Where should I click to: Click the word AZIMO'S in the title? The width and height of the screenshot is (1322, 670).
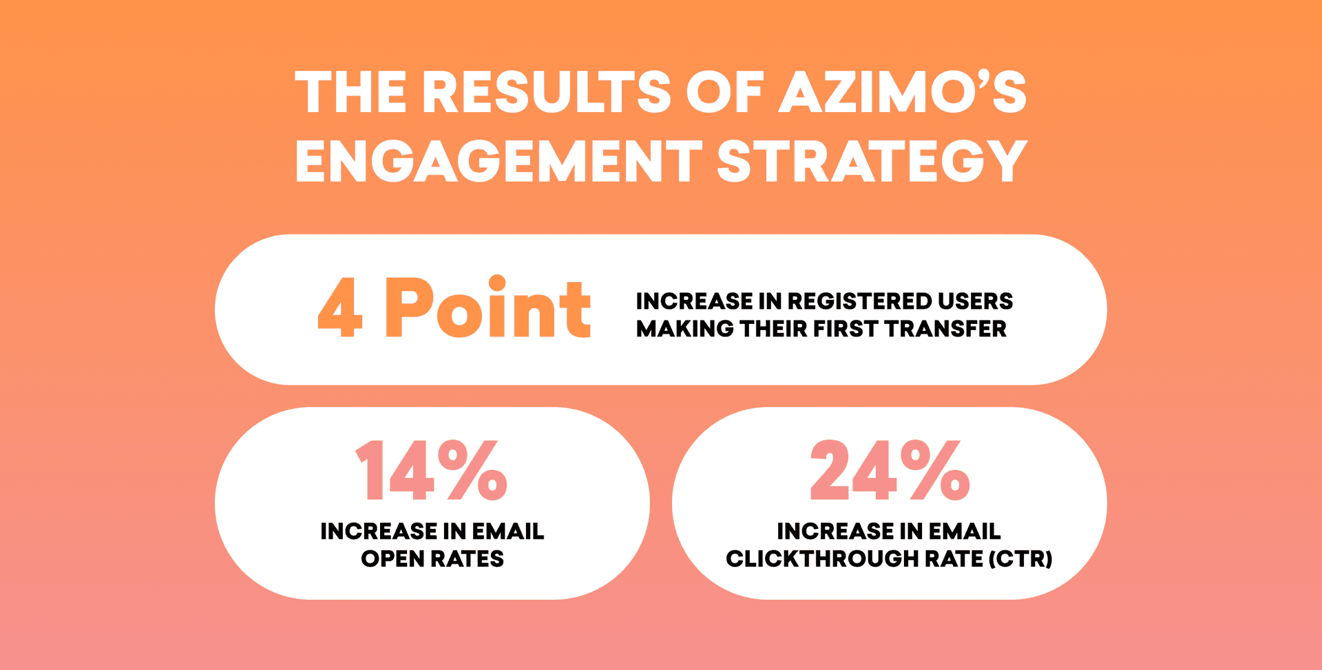(902, 93)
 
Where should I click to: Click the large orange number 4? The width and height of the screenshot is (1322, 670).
(340, 309)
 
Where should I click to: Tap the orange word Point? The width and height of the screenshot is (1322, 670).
(487, 309)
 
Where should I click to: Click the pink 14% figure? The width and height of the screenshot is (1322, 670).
(432, 471)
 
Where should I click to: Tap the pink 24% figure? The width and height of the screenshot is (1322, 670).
(890, 471)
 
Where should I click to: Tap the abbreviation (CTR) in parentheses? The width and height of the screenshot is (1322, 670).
(1020, 559)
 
